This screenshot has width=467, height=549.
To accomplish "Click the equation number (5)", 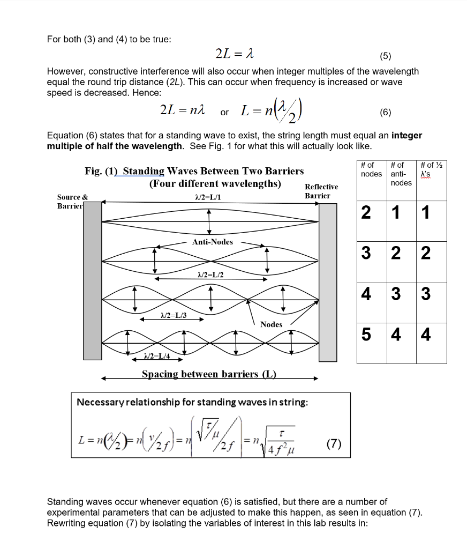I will (386, 55).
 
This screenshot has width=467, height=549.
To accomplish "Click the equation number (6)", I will (385, 113).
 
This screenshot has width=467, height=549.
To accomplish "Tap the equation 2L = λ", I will (234, 54).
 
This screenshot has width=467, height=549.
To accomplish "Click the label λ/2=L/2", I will (210, 274).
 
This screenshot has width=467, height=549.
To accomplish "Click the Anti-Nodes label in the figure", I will (213, 242).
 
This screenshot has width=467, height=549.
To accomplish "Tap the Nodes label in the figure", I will (271, 324).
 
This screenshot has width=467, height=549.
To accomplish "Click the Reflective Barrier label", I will (321, 191).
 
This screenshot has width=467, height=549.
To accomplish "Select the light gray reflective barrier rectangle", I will (328, 282).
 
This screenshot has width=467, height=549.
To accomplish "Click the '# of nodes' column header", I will (371, 169).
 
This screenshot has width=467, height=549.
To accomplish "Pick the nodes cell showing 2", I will (366, 213).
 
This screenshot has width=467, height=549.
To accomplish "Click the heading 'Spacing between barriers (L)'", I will (209, 374).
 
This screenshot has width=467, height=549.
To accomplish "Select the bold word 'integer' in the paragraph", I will (407, 135).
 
